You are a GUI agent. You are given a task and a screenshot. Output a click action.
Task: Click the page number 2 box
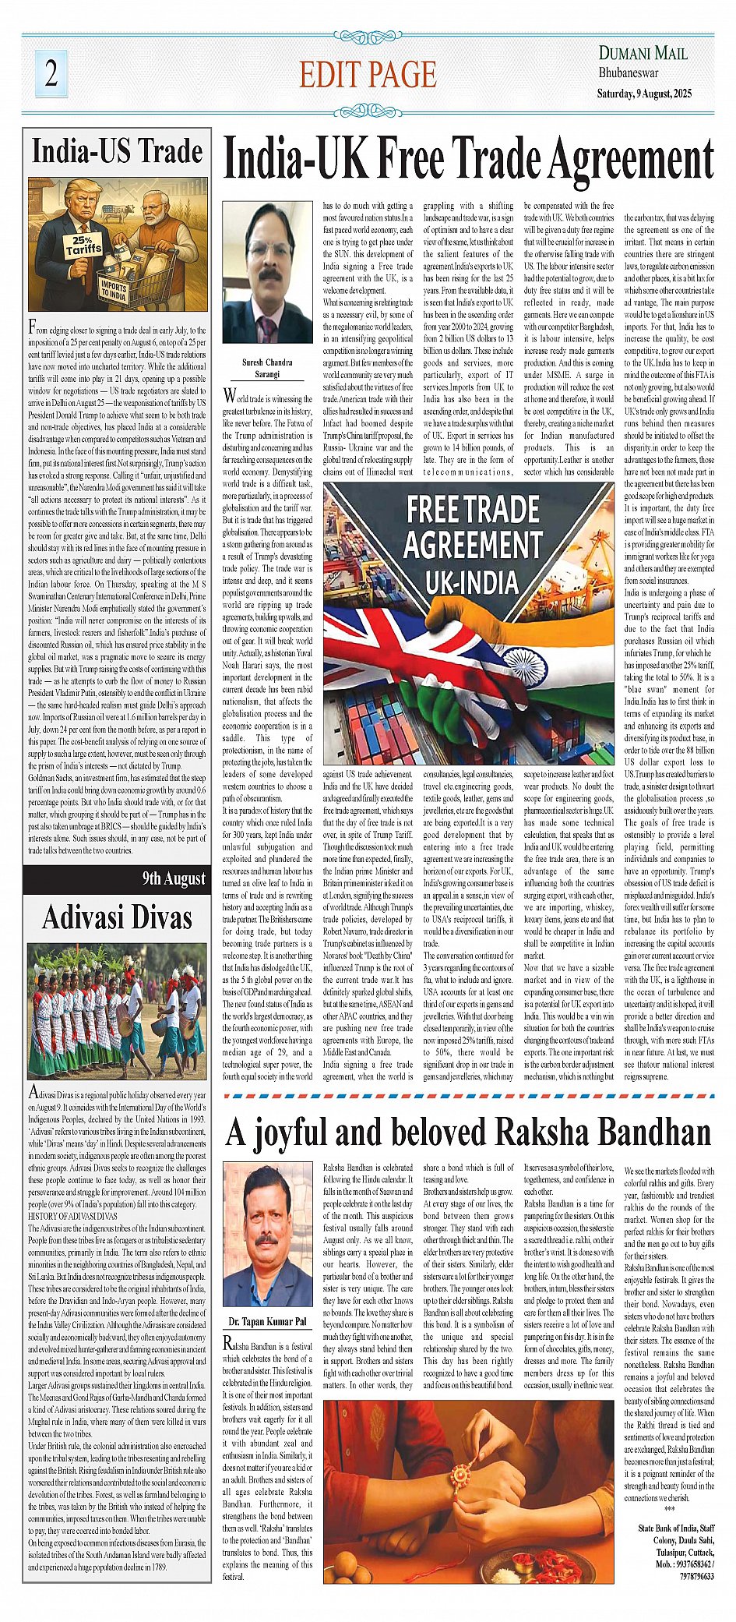pyautogui.click(x=51, y=73)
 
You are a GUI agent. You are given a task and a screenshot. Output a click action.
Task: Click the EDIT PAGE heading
pyautogui.click(x=368, y=75)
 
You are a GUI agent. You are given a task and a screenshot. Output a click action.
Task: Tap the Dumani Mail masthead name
pyautogui.click(x=643, y=53)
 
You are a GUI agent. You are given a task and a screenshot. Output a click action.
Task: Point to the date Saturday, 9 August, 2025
pyautogui.click(x=644, y=94)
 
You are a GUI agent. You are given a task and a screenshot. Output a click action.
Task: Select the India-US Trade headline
pyautogui.click(x=117, y=151)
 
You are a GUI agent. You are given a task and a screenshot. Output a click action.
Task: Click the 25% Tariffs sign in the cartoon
pyautogui.click(x=83, y=246)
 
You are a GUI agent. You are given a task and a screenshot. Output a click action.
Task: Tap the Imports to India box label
pyautogui.click(x=114, y=289)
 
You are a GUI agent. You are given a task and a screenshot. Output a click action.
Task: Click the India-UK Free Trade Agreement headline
pyautogui.click(x=468, y=159)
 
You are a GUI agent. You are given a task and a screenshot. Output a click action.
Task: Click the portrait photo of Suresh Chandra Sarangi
pyautogui.click(x=267, y=272)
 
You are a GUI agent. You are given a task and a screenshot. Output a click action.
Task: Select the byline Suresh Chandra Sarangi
pyautogui.click(x=267, y=368)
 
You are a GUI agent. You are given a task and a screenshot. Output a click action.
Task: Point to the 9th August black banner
pyautogui.click(x=117, y=879)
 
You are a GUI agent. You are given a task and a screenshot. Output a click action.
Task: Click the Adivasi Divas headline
pyautogui.click(x=117, y=917)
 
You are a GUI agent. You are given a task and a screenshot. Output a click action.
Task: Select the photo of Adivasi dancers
pyautogui.click(x=117, y=1011)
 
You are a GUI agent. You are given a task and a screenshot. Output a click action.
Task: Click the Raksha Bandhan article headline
pyautogui.click(x=468, y=1132)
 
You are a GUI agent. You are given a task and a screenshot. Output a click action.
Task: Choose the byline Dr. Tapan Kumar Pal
pyautogui.click(x=267, y=1322)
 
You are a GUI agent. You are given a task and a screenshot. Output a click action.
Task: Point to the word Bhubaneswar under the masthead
pyautogui.click(x=628, y=73)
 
